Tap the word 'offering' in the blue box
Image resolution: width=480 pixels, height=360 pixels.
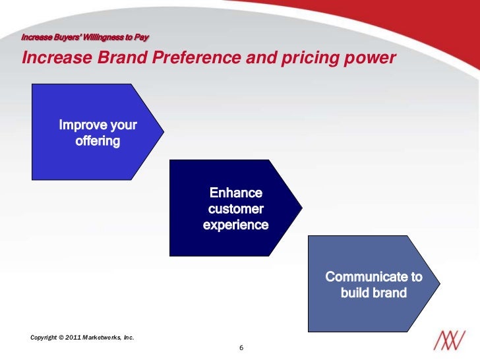pos(98,141)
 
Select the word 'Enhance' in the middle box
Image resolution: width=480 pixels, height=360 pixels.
pos(235,193)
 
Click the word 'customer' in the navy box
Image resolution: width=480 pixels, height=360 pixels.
pos(235,209)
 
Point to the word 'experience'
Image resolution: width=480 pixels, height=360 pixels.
pos(235,225)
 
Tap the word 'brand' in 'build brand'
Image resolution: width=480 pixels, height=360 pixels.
pos(390,292)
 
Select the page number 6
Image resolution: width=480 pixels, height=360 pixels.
pos(241,347)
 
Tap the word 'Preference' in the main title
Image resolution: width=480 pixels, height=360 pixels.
pos(197,58)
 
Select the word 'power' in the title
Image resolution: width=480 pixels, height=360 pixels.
pos(371,58)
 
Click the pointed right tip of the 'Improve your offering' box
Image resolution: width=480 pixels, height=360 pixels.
pos(164,132)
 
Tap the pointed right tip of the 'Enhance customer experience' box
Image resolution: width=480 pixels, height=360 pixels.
pos(302,207)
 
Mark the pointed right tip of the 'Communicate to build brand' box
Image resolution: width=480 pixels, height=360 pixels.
pos(440,284)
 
